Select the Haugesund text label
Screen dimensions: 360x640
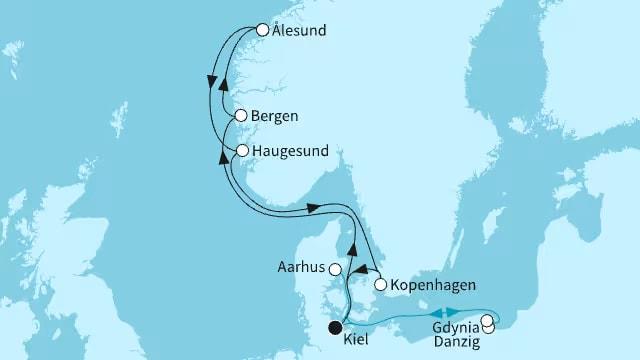[x=290, y=151]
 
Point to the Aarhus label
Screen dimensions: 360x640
[x=303, y=268]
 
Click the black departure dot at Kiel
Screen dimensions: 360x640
[x=336, y=327]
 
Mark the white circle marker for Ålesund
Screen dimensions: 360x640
[x=262, y=30]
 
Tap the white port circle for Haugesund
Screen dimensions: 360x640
[x=242, y=151]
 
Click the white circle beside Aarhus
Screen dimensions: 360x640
[x=335, y=268]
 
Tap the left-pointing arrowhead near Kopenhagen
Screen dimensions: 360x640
[x=362, y=270]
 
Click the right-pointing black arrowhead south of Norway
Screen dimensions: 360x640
[x=312, y=208]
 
